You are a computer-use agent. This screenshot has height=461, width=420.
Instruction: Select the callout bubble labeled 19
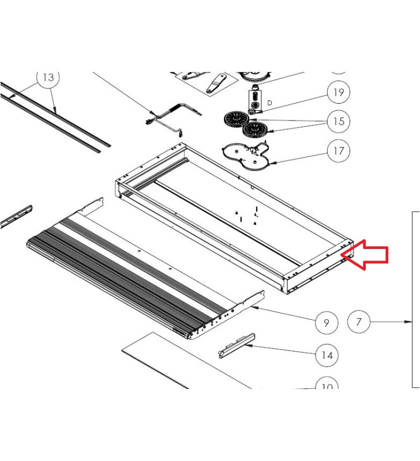click(x=338, y=92)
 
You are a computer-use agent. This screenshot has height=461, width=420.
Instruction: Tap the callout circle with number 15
click(x=338, y=121)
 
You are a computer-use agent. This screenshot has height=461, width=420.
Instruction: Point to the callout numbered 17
click(x=338, y=151)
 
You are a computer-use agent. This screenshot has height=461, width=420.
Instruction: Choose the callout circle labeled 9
click(x=327, y=323)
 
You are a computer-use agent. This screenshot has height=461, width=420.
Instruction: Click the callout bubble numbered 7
click(x=359, y=322)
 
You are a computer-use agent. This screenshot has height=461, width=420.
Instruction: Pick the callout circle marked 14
click(x=327, y=355)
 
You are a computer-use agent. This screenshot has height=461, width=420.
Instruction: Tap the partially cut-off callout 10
click(x=327, y=385)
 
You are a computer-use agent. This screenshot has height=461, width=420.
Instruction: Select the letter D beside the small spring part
click(x=269, y=103)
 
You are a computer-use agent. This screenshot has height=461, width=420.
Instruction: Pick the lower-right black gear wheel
click(x=254, y=129)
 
